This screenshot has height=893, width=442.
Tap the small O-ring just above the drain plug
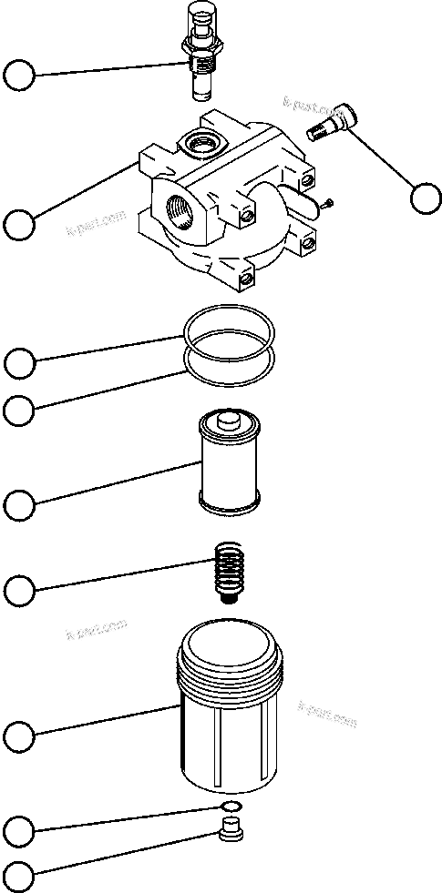231,807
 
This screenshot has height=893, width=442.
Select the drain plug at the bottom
233,832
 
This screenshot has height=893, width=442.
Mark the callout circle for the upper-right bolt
426,198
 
